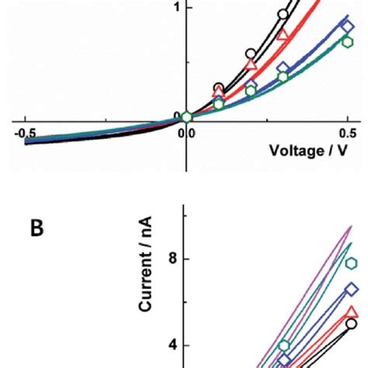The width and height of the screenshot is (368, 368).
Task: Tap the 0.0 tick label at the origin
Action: coord(186,133)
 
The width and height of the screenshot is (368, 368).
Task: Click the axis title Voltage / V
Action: coord(307,150)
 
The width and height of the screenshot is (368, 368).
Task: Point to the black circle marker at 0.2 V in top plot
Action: coord(251,54)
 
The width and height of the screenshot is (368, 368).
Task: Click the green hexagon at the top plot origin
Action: coord(186,117)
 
